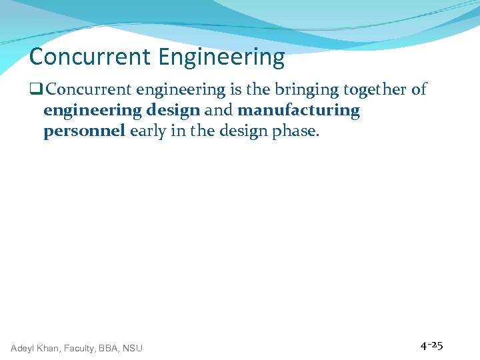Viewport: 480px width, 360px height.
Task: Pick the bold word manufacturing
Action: tap(298, 111)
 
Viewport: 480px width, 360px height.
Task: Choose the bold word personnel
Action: tap(84, 131)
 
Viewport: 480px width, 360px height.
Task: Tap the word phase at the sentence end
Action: tap(295, 131)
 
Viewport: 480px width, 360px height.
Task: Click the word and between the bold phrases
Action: tap(219, 111)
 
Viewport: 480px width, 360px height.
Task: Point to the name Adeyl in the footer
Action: tap(25, 348)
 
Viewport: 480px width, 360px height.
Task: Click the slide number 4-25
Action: tap(431, 345)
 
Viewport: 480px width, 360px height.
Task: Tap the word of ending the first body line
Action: tap(419, 90)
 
